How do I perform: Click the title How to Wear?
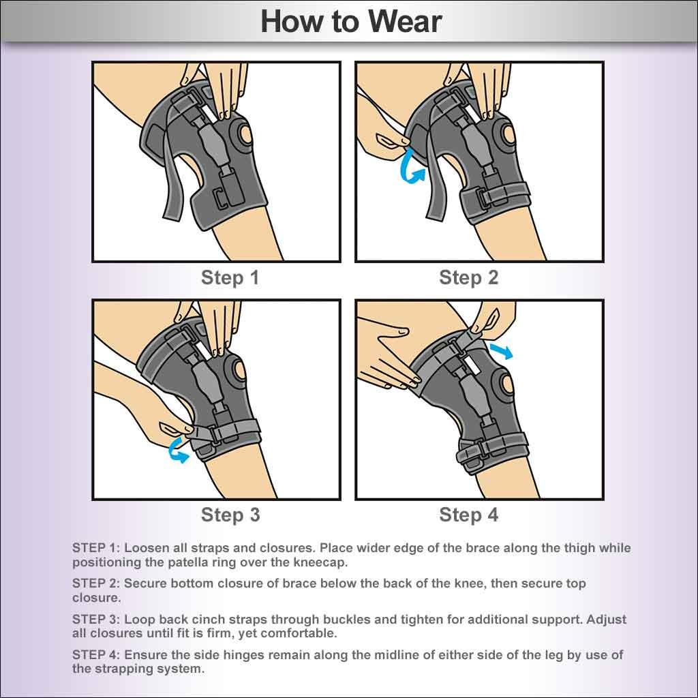[351, 21]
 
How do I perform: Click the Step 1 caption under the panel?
[230, 278]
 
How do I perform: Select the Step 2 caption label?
[469, 278]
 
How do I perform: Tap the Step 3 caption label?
[230, 515]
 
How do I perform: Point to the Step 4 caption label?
[469, 515]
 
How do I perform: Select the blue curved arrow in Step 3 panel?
[178, 451]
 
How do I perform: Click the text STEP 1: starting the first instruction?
[96, 548]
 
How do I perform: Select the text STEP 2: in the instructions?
[96, 584]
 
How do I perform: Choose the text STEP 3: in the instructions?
[96, 620]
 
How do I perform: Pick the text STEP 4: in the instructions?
[96, 656]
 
